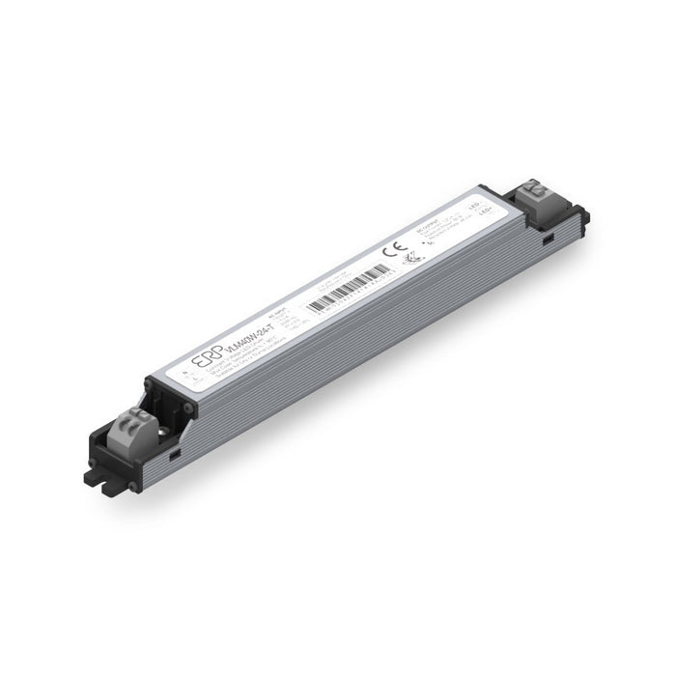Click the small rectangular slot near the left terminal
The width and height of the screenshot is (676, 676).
174,450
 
